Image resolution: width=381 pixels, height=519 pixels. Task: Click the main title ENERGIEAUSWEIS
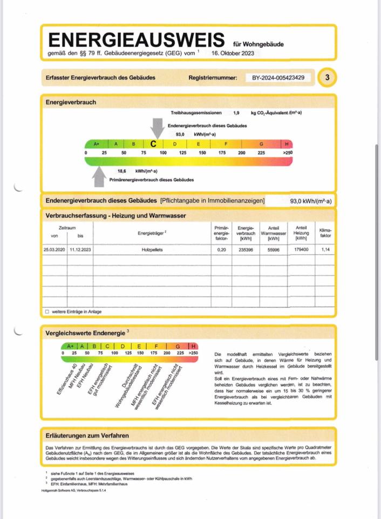(x=136, y=40)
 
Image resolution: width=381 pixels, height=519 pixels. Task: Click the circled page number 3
(x=327, y=78)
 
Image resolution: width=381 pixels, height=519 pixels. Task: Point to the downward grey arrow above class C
(x=157, y=128)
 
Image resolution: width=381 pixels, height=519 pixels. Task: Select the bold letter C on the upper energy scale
(x=153, y=144)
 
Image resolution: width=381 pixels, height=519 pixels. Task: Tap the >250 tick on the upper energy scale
(x=287, y=154)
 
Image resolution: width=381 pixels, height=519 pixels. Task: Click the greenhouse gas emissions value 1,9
(x=236, y=112)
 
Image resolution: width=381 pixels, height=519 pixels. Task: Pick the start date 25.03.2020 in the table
(x=54, y=250)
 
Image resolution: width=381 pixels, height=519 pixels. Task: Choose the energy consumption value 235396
(x=246, y=250)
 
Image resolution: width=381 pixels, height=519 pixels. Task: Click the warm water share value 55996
(x=273, y=250)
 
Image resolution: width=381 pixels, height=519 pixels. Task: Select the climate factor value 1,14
(x=325, y=250)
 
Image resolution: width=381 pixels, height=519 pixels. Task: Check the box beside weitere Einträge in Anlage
(x=47, y=311)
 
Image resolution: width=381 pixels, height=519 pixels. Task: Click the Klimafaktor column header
(x=325, y=232)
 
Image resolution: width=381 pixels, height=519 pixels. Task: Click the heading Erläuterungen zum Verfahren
(x=87, y=435)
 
